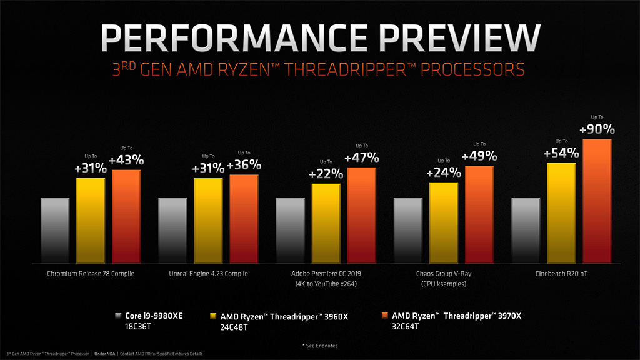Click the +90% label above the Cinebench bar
597,129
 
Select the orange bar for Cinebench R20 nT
597,200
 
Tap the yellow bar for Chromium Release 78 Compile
91,219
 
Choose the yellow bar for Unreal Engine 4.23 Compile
208,219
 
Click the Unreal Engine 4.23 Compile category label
209,274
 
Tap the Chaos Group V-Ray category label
444,274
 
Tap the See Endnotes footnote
320,344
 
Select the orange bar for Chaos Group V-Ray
479,213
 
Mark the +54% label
561,154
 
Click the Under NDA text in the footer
105,354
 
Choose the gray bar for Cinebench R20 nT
526,229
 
